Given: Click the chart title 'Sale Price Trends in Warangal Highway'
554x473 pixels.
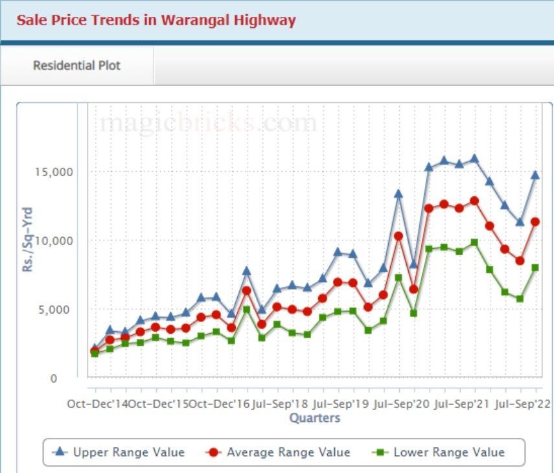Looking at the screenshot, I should point(156,20).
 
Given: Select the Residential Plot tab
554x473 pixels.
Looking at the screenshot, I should point(76,65).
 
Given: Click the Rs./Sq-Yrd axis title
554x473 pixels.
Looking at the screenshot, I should point(28,239).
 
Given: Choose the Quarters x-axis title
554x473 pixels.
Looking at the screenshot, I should point(314,418).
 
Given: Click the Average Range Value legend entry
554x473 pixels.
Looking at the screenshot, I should point(279,452).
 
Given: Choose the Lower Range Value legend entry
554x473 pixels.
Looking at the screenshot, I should point(440,452).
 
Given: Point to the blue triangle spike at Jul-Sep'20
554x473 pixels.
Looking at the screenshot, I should point(398,193).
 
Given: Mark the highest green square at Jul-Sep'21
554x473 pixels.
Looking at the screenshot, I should point(474,242).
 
